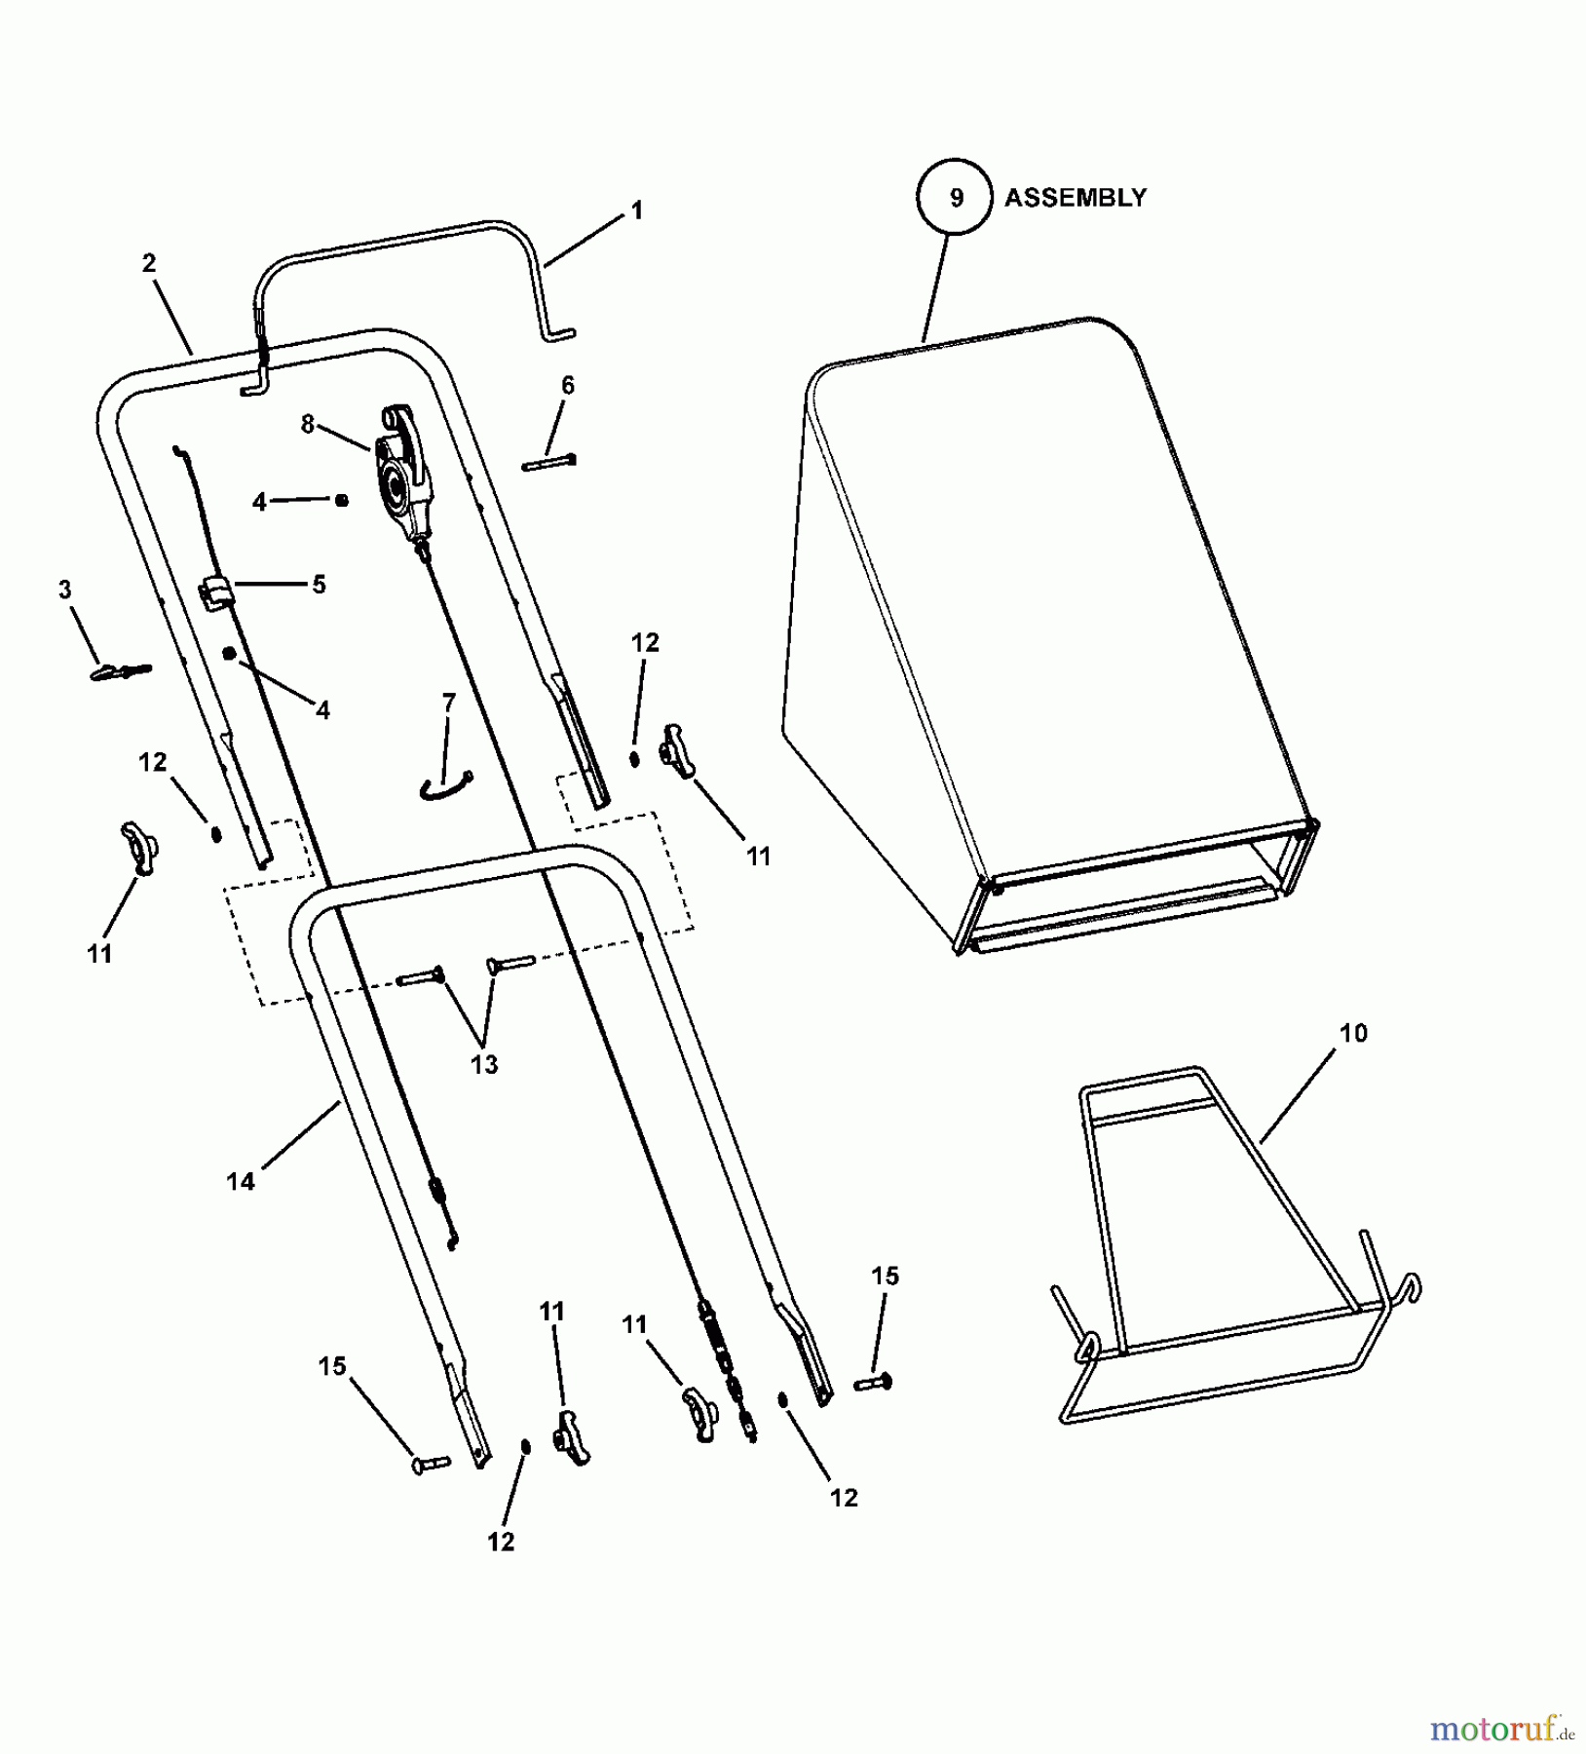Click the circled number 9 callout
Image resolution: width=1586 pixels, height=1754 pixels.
[956, 198]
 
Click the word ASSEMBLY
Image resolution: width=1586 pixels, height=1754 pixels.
[1076, 198]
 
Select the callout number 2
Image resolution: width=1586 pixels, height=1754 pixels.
[149, 263]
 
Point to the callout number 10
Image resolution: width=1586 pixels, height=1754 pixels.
[1354, 1033]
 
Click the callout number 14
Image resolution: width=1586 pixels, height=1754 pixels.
[241, 1182]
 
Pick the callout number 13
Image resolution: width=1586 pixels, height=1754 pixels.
[484, 1065]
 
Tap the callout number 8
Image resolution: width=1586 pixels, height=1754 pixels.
[308, 425]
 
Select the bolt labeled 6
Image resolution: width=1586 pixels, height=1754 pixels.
[550, 462]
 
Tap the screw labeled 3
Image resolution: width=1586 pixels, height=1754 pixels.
[121, 671]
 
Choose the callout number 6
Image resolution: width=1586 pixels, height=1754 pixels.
[568, 386]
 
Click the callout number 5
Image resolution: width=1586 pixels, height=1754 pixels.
[319, 585]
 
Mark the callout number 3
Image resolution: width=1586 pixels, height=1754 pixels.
[65, 590]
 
